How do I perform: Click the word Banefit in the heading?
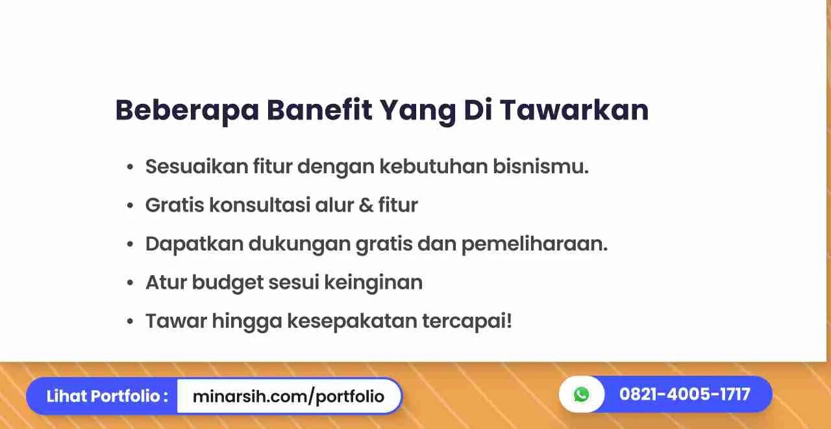[x=319, y=110]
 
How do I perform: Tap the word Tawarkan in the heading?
[x=575, y=110]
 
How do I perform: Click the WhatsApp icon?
[x=581, y=394]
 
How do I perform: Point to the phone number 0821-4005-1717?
[x=685, y=394]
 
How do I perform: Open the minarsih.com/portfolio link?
[x=288, y=397]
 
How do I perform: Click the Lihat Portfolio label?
[x=107, y=397]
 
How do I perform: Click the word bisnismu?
[x=541, y=166]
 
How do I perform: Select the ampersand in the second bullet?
[x=366, y=205]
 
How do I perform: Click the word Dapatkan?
[x=194, y=243]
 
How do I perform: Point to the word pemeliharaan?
[x=534, y=243]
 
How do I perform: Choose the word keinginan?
[x=373, y=282]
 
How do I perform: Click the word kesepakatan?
[x=352, y=321]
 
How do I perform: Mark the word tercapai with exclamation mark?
[x=467, y=321]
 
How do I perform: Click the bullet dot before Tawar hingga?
[x=130, y=321]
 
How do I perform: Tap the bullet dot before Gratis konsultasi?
[x=130, y=205]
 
